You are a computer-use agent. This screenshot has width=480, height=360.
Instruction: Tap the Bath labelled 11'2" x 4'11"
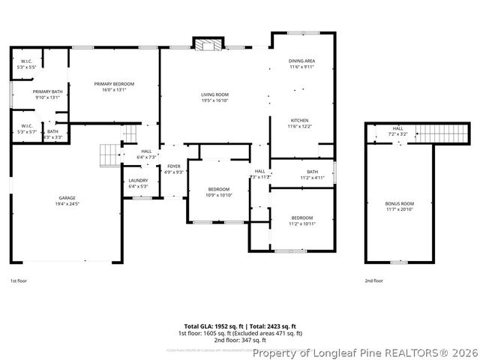301,175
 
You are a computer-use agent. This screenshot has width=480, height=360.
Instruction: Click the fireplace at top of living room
205,43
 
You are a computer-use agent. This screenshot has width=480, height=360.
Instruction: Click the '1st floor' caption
19,280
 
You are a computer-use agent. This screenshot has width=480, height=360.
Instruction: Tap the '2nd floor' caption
373,280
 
